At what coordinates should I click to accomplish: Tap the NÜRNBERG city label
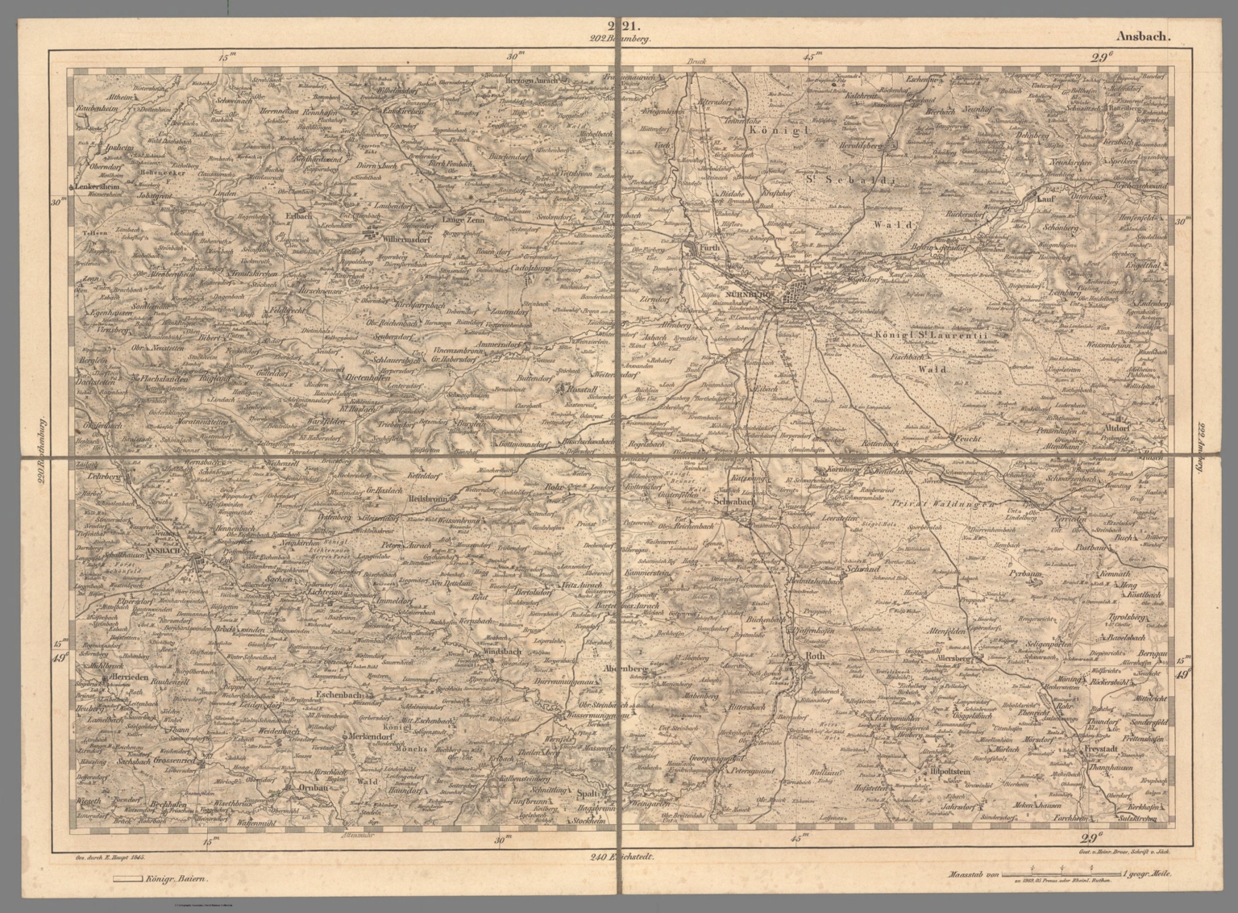(740, 295)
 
